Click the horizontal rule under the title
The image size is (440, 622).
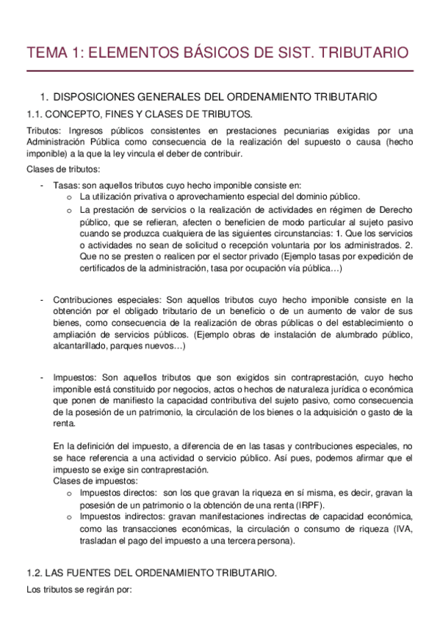pyautogui.click(x=220, y=72)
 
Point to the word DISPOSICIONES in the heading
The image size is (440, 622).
pyautogui.click(x=98, y=96)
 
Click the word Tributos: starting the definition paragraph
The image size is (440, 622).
pyautogui.click(x=44, y=131)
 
